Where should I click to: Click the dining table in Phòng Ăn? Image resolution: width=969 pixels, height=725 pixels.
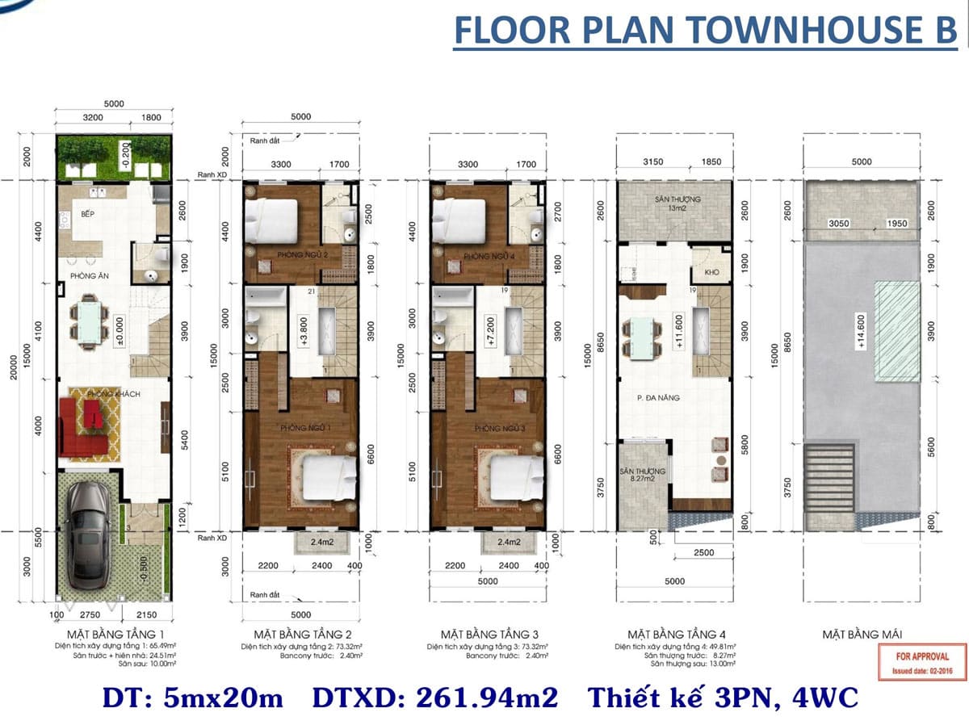coord(89,321)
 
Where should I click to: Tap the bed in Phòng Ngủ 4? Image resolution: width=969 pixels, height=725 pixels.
coord(458,215)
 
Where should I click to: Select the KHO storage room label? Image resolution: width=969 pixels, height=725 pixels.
coord(711,273)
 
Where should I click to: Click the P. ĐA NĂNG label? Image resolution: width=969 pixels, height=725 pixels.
coord(658,397)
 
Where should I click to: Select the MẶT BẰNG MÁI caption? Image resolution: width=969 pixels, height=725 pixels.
coord(862,634)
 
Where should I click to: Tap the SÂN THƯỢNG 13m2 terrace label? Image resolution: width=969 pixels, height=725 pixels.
coord(673,203)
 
